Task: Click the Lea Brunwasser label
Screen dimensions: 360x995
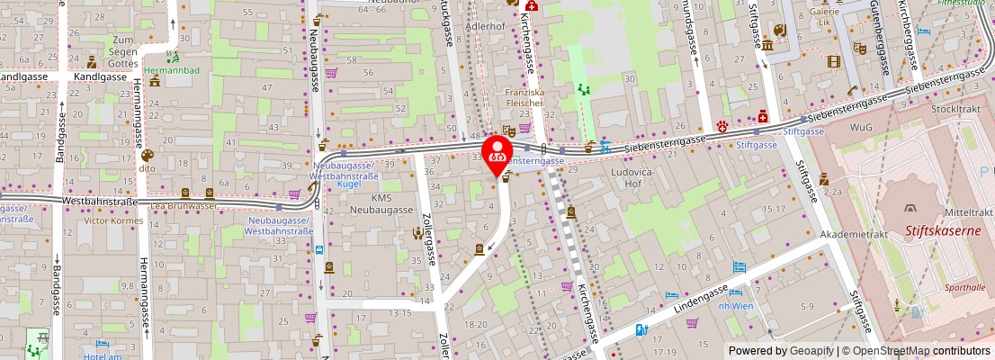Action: [x=184, y=205]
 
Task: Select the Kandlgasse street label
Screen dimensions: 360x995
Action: [x=101, y=76]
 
